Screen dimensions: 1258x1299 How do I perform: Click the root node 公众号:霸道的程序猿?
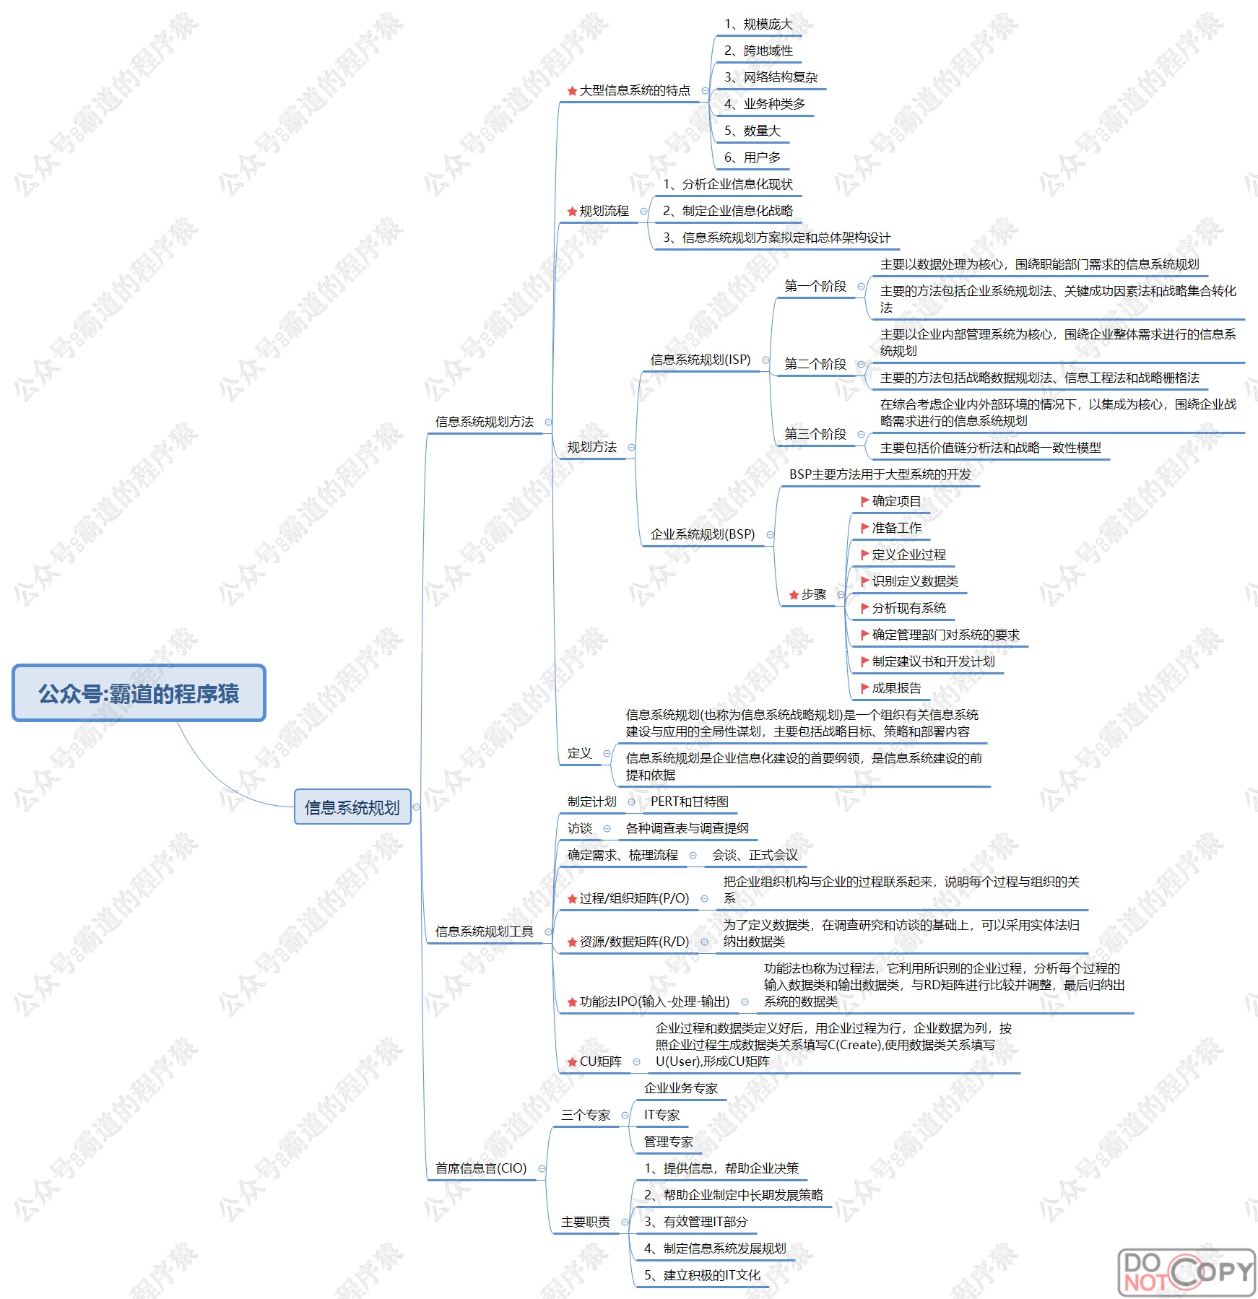pos(139,693)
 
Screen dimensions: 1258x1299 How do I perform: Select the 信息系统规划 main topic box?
pos(352,807)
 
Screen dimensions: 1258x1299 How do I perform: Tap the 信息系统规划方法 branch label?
pos(484,422)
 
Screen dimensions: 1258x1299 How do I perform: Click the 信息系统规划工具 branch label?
pos(484,931)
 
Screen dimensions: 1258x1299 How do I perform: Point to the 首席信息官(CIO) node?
pos(481,1168)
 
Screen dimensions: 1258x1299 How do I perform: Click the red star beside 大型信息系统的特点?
pos(572,91)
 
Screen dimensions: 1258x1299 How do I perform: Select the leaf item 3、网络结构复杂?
pos(771,77)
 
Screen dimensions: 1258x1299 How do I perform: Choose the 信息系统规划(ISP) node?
pos(700,360)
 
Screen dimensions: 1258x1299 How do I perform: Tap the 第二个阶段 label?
pos(815,364)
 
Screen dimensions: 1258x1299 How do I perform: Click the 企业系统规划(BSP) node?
pos(702,534)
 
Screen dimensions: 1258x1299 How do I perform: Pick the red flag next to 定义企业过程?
pos(864,555)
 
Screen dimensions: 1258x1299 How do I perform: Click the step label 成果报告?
pos(896,688)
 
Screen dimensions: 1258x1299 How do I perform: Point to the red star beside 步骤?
pos(794,595)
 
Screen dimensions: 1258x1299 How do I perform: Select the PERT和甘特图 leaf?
pos(689,801)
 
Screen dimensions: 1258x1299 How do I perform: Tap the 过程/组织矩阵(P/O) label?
pos(634,898)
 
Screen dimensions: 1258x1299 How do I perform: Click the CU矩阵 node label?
pos(600,1061)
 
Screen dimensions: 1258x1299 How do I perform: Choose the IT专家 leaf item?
pos(661,1115)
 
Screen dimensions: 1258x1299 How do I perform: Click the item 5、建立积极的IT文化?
pos(702,1275)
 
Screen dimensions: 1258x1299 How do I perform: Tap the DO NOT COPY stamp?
pos(1186,1272)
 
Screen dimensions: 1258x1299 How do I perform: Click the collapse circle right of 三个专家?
pos(625,1116)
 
